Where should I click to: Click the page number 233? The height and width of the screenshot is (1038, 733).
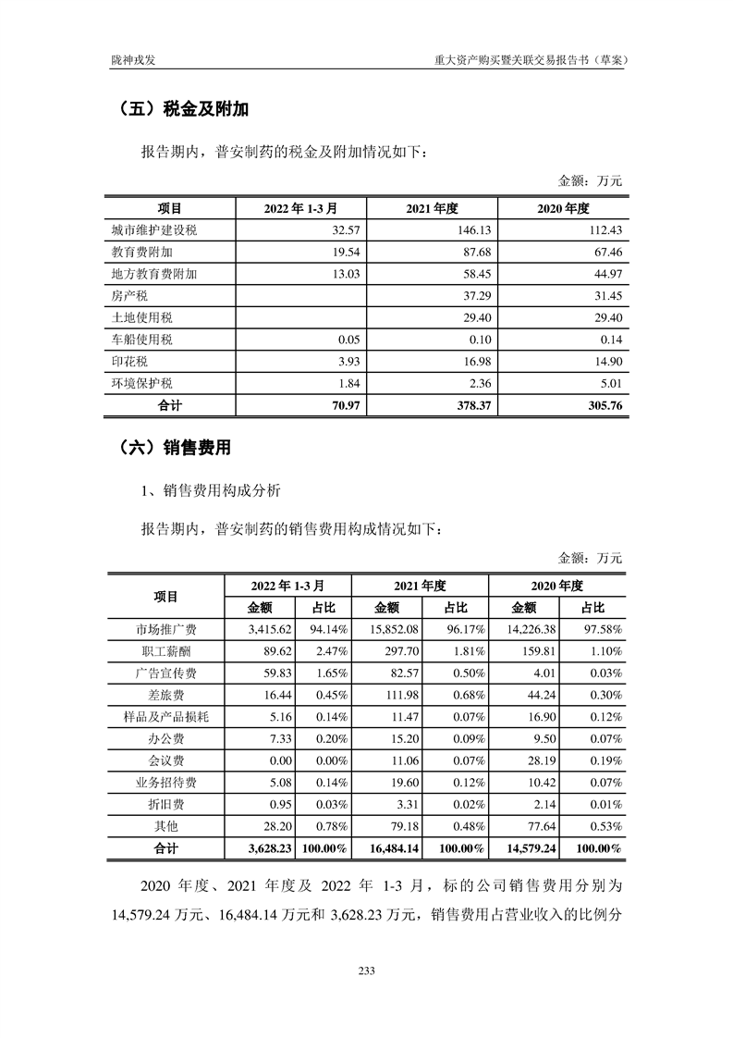click(366, 970)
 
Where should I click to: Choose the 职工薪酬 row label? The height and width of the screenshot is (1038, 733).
click(166, 652)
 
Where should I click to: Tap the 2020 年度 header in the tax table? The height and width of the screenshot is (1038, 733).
click(563, 208)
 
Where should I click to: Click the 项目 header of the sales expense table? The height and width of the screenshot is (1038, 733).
click(166, 597)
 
